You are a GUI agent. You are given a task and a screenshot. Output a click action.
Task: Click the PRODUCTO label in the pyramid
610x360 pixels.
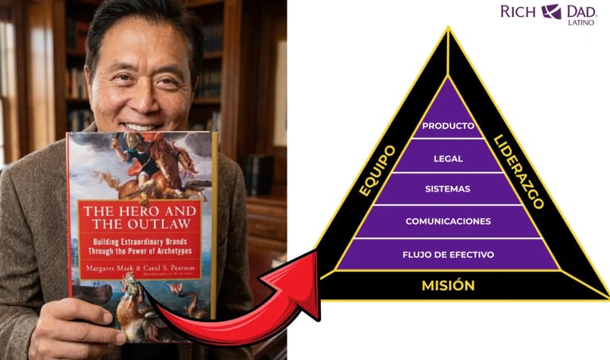point(448,126)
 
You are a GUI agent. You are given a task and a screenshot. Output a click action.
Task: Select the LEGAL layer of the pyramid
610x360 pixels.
point(448,158)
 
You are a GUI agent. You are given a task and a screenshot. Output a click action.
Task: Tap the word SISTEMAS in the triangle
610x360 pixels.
point(448,189)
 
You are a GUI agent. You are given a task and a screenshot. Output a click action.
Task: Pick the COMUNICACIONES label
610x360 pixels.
point(448,221)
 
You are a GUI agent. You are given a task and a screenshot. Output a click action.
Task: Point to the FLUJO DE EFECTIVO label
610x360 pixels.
point(449,254)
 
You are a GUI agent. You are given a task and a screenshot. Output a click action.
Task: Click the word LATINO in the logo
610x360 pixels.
point(581,22)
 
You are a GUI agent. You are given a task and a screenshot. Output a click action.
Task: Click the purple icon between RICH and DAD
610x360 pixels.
point(551,11)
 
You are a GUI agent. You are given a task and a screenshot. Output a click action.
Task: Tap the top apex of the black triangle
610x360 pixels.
point(449,29)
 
